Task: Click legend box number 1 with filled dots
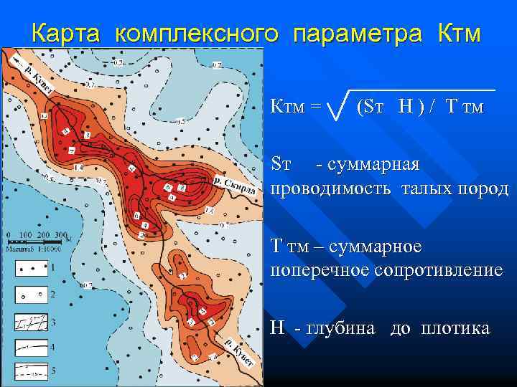point(31,270)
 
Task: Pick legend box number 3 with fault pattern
point(31,322)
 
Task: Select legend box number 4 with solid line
point(31,347)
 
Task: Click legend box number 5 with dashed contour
point(31,371)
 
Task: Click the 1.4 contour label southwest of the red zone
point(78,167)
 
